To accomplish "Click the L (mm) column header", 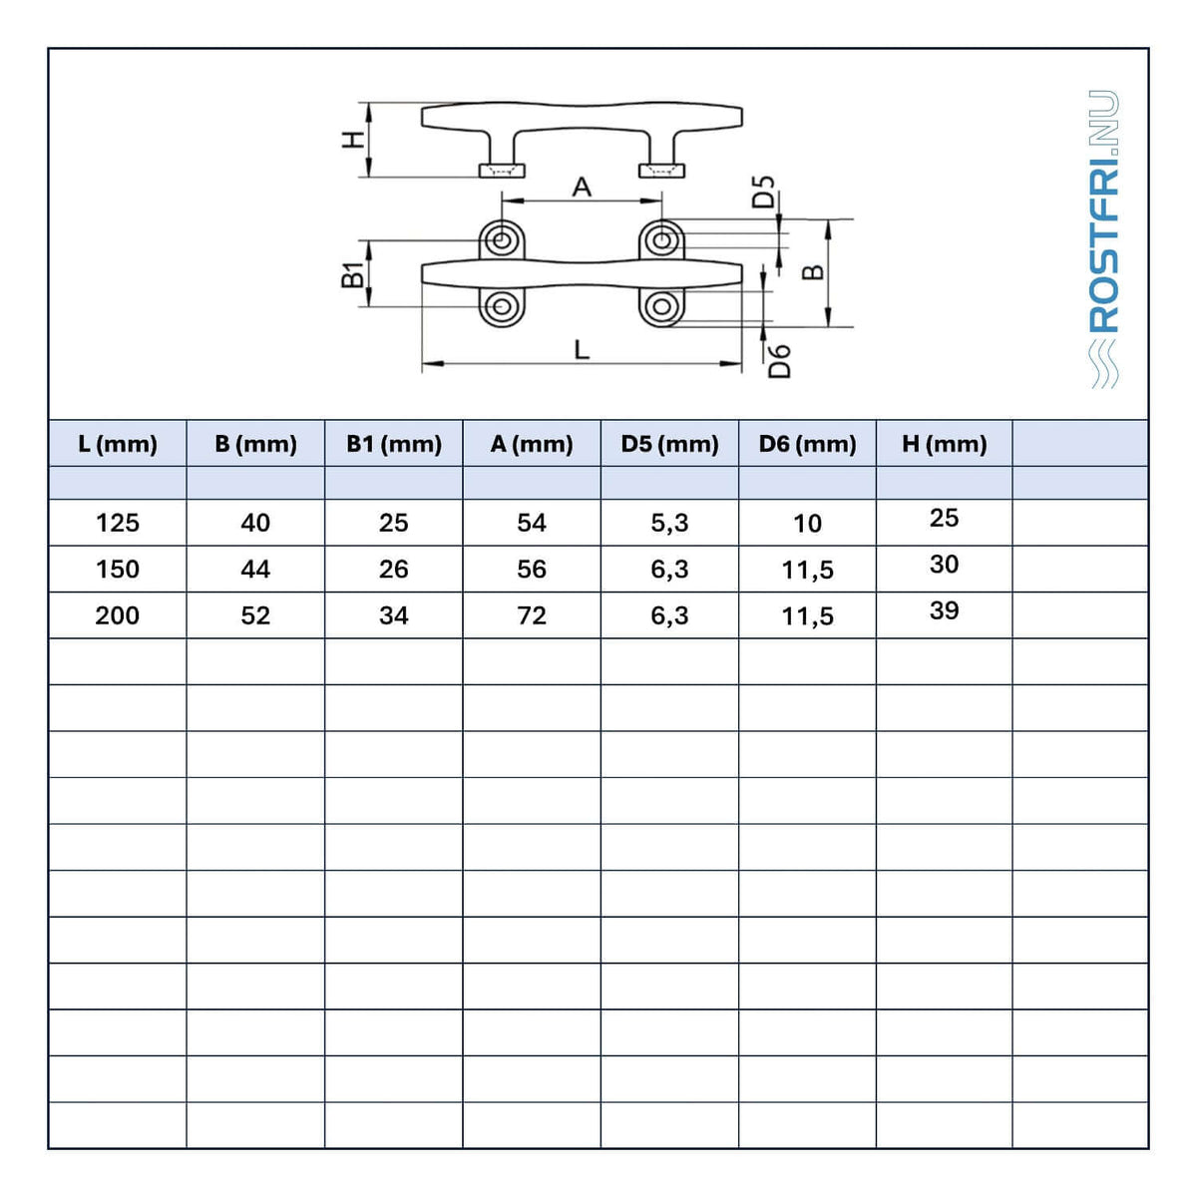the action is click(118, 444).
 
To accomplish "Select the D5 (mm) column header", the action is click(669, 444).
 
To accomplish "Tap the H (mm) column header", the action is click(945, 444).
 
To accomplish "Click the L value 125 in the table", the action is click(118, 523).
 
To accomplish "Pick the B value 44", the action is click(255, 569).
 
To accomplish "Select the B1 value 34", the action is click(394, 615).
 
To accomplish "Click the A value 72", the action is click(532, 615).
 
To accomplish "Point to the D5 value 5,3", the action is click(669, 524).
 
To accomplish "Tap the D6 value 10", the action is click(808, 524).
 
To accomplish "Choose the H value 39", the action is click(945, 610).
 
